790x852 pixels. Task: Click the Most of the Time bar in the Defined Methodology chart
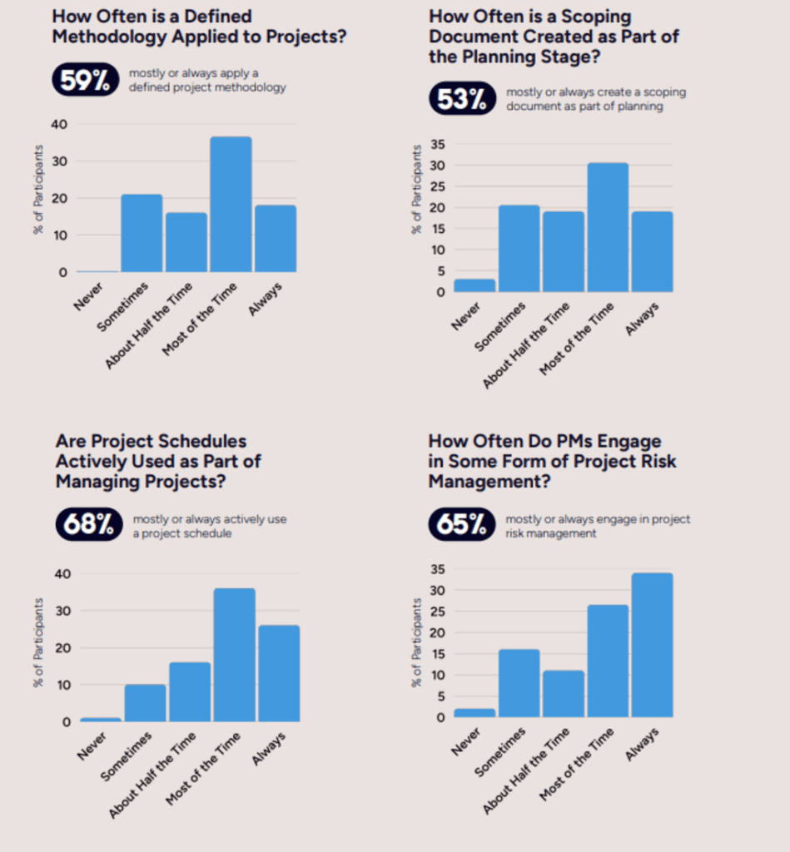tap(231, 205)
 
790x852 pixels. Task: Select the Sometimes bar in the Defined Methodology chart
tap(142, 233)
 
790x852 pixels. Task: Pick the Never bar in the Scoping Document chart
tap(474, 285)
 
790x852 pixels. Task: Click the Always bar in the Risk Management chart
tap(652, 645)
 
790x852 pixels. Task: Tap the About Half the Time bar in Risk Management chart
tap(563, 694)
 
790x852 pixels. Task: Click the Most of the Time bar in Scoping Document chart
tap(608, 227)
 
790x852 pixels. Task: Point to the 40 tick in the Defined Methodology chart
tap(59, 124)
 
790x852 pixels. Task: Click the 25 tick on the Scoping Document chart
tap(437, 186)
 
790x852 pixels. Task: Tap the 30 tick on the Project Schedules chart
tap(59, 611)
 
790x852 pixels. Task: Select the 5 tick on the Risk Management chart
tap(441, 696)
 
